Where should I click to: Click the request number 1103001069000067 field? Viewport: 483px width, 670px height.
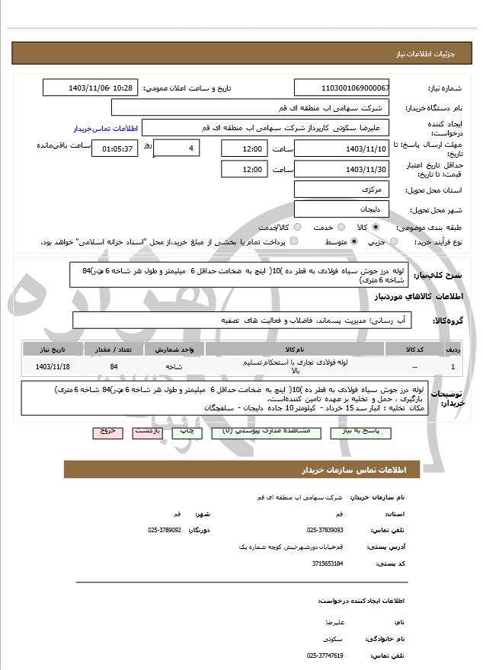pyautogui.click(x=341, y=88)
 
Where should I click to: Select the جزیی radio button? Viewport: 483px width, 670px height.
pyautogui.click(x=394, y=242)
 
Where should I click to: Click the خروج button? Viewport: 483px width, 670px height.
pyautogui.click(x=107, y=432)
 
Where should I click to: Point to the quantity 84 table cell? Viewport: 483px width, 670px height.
pyautogui.click(x=114, y=366)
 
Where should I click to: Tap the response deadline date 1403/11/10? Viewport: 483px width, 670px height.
pyautogui.click(x=341, y=147)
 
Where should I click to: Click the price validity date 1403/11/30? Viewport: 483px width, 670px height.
pyautogui.click(x=341, y=168)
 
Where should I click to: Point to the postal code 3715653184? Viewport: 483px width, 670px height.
pyautogui.click(x=325, y=563)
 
